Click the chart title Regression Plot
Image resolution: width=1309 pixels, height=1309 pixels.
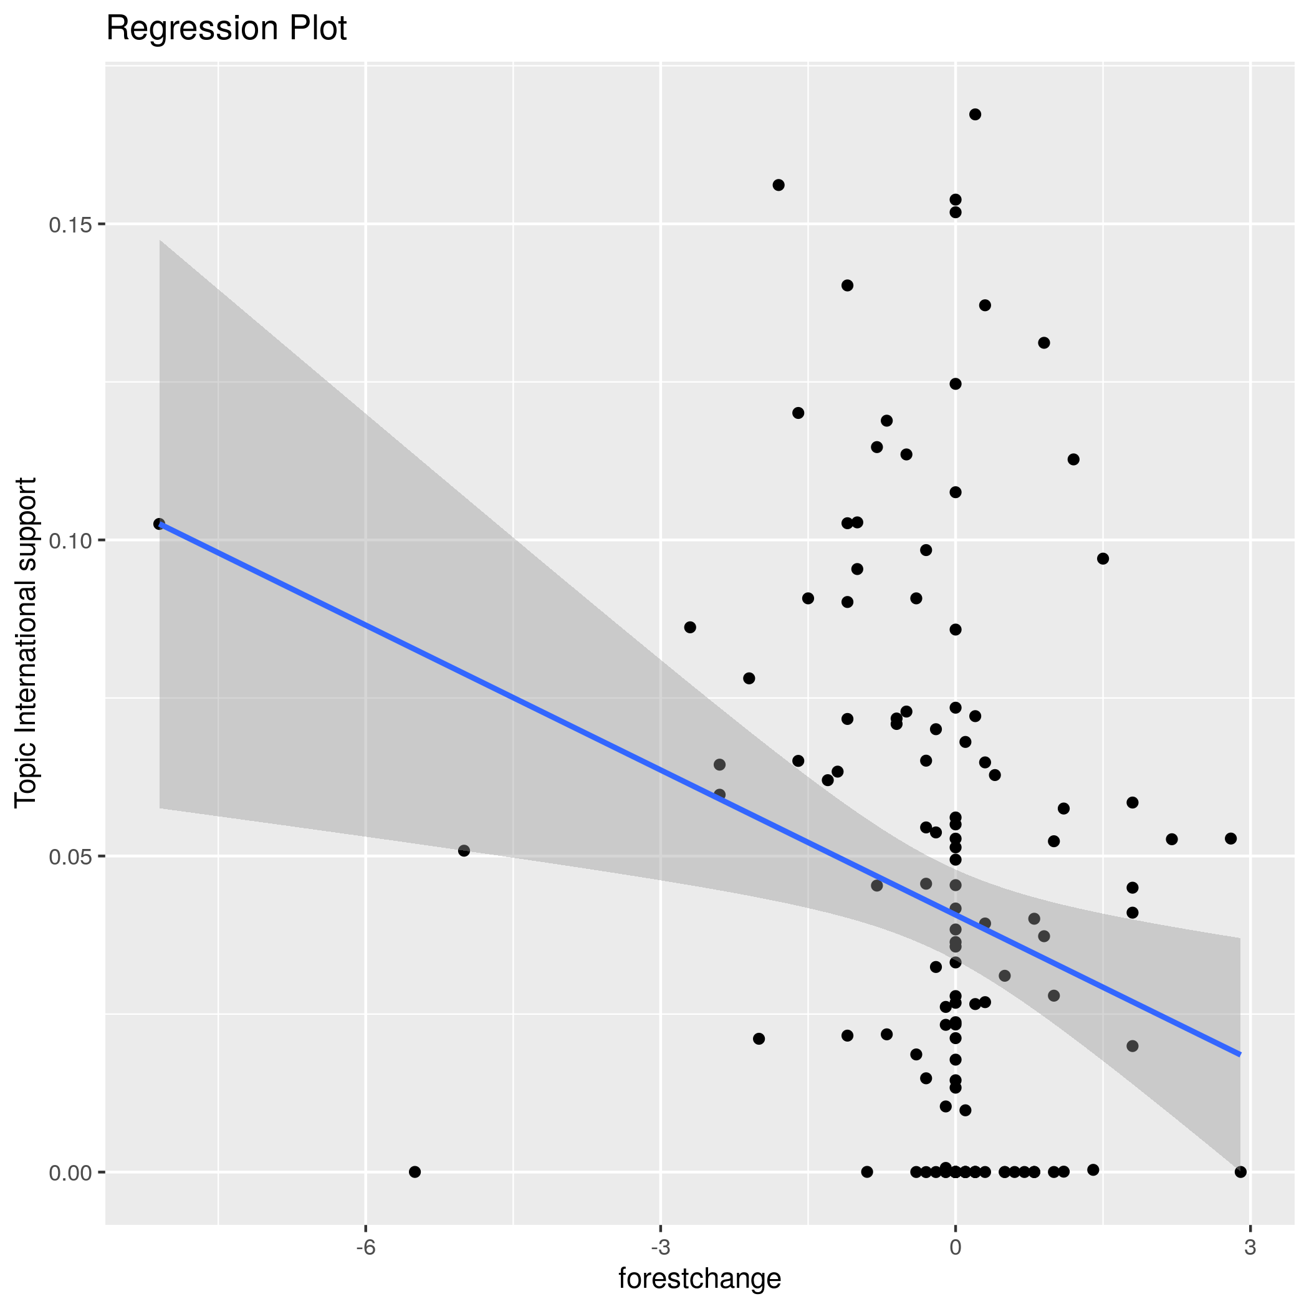tap(226, 29)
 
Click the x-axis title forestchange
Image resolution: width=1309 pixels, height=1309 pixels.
tap(700, 1278)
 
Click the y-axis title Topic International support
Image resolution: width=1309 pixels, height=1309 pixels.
tap(26, 642)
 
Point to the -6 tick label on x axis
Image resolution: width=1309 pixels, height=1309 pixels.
tap(365, 1247)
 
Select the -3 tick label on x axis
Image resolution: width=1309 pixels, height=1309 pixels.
tap(661, 1247)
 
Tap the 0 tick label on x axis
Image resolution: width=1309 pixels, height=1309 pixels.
tap(956, 1247)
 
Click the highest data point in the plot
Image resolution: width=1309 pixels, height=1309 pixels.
tap(975, 115)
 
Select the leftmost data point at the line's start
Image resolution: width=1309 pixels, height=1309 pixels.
tap(159, 524)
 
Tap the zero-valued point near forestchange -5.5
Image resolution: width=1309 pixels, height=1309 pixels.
tap(415, 1172)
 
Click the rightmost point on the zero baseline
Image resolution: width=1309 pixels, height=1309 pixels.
tap(1240, 1172)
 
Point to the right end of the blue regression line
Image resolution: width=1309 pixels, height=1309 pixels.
tap(1240, 1055)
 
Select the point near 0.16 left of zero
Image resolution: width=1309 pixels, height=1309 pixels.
tap(779, 185)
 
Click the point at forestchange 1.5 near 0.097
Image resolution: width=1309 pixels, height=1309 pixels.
tap(1103, 559)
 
